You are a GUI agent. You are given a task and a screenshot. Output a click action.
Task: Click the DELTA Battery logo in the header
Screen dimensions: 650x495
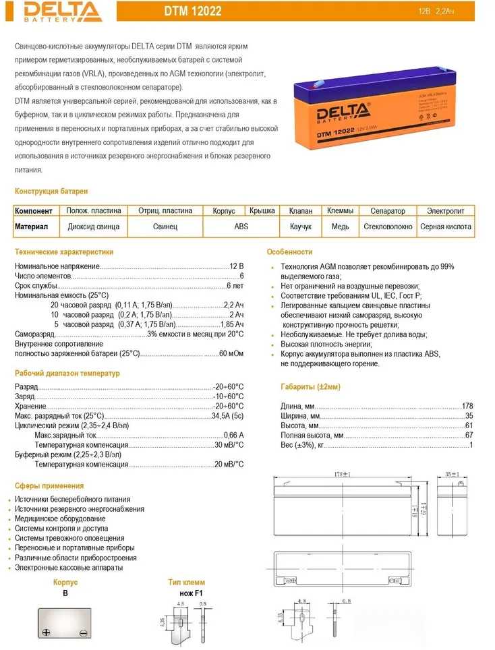(x=51, y=11)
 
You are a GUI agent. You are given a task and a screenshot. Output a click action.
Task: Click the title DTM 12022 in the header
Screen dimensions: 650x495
(x=193, y=11)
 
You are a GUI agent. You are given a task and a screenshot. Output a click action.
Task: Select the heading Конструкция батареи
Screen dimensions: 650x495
(x=51, y=191)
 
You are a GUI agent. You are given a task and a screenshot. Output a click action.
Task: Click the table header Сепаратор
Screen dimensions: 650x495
(x=388, y=211)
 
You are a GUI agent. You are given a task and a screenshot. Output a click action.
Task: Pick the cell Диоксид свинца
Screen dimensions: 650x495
(x=94, y=227)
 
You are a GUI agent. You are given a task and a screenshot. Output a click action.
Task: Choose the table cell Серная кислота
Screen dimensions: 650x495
(x=446, y=227)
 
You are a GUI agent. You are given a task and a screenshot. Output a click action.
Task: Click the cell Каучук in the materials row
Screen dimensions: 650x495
(x=301, y=227)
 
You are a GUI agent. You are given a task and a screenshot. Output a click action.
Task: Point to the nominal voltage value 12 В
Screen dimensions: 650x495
(x=237, y=266)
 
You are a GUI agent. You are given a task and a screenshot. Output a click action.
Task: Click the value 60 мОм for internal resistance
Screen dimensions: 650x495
(x=231, y=353)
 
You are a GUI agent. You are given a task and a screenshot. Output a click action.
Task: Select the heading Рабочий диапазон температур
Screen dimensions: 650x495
(x=67, y=374)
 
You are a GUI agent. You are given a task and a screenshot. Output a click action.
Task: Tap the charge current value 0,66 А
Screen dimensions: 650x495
(x=233, y=436)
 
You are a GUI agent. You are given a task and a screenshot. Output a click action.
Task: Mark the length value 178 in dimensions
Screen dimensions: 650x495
(x=467, y=406)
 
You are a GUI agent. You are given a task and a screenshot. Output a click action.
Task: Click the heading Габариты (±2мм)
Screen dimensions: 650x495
(x=310, y=386)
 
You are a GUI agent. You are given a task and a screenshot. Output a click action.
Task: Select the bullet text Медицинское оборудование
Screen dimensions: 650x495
(x=60, y=519)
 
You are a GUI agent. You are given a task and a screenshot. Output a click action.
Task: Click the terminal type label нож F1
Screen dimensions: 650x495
(x=187, y=593)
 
